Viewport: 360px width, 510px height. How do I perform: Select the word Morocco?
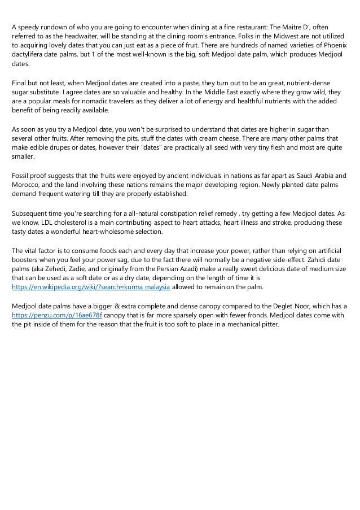pos(26,187)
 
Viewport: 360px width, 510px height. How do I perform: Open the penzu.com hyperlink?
pos(56,315)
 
